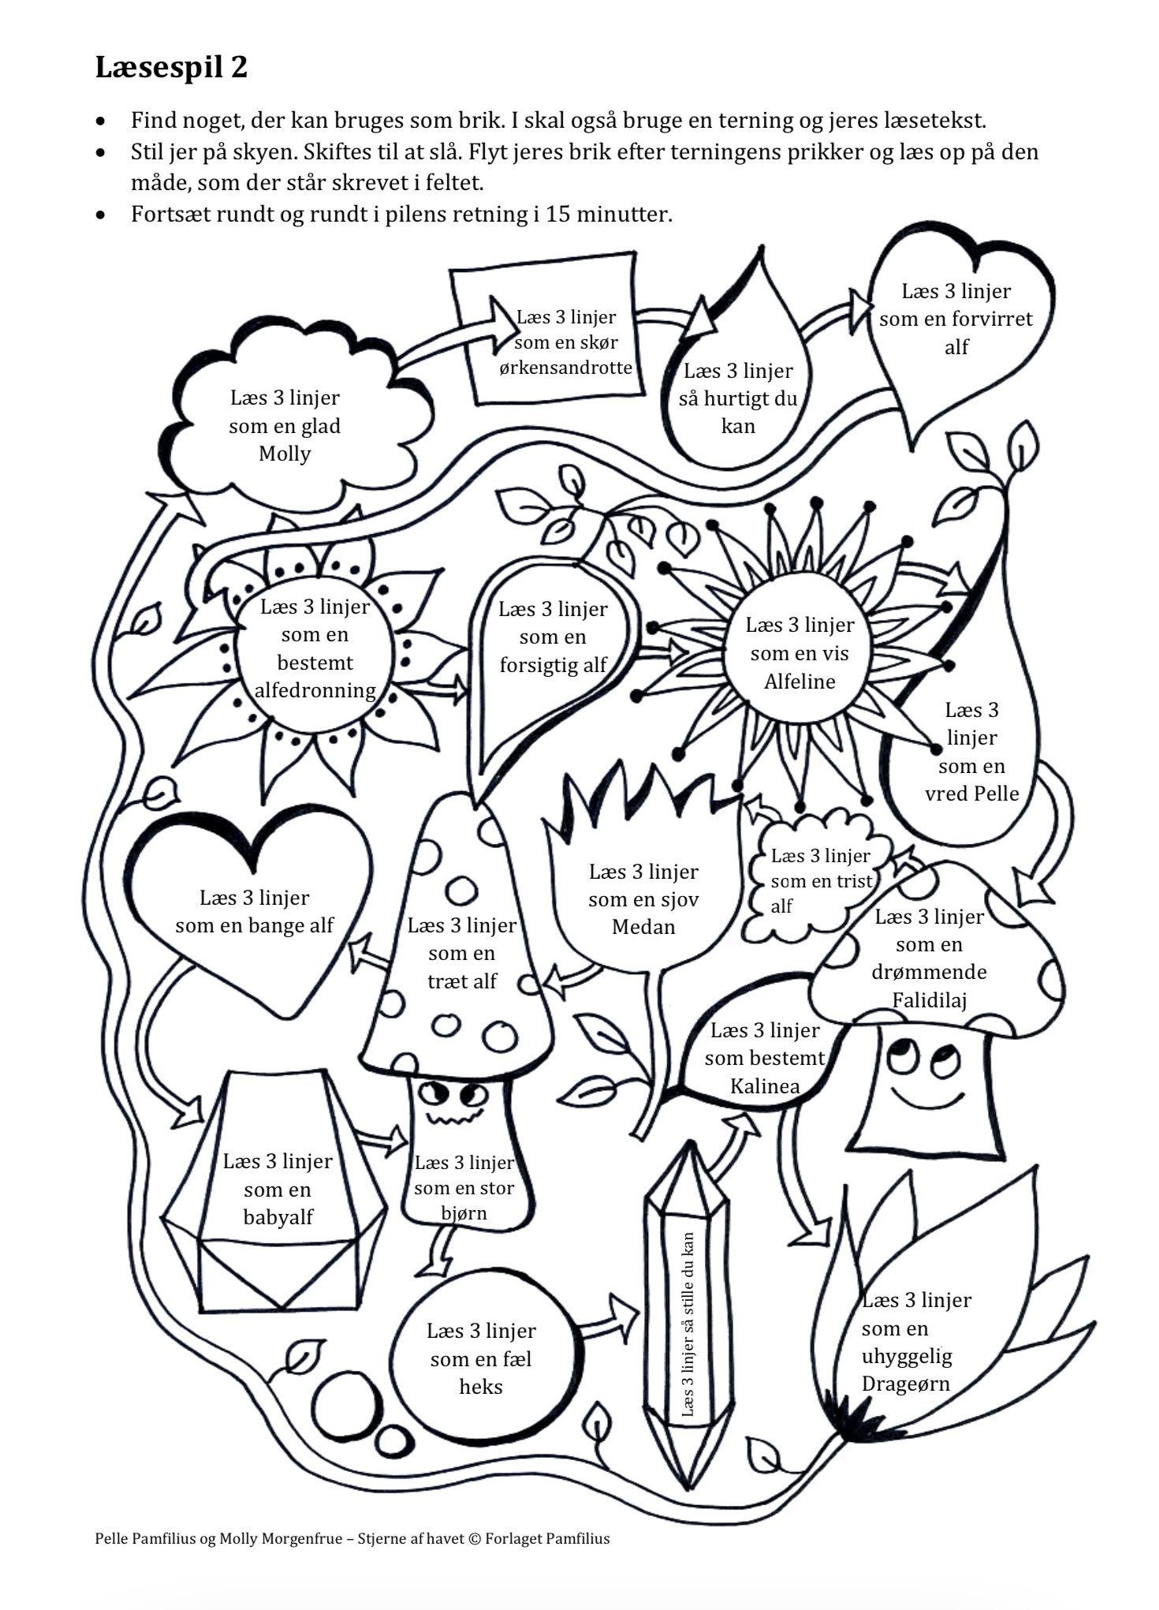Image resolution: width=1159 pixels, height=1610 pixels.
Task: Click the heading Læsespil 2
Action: pyautogui.click(x=171, y=68)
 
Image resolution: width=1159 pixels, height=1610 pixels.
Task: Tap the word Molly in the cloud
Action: pyautogui.click(x=285, y=454)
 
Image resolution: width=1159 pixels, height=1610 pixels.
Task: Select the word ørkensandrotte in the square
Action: pyautogui.click(x=565, y=368)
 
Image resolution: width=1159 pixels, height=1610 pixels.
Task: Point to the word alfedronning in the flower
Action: pyautogui.click(x=315, y=690)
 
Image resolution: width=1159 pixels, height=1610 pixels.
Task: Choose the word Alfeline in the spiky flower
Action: pyautogui.click(x=799, y=682)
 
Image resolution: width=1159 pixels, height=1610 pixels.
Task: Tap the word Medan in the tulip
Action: pyautogui.click(x=643, y=927)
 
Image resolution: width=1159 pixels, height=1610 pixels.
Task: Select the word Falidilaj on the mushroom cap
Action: pyautogui.click(x=929, y=1000)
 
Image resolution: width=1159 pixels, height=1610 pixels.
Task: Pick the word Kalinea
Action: pyautogui.click(x=765, y=1086)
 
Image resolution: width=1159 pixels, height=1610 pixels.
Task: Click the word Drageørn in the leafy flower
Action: pyautogui.click(x=905, y=1384)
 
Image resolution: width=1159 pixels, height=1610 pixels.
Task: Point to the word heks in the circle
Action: pyautogui.click(x=481, y=1387)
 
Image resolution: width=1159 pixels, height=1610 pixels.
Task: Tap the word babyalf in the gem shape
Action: pyautogui.click(x=278, y=1217)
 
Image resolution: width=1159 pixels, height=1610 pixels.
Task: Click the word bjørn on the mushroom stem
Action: pyautogui.click(x=464, y=1213)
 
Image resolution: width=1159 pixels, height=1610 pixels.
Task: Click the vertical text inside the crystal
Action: pyautogui.click(x=688, y=1325)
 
